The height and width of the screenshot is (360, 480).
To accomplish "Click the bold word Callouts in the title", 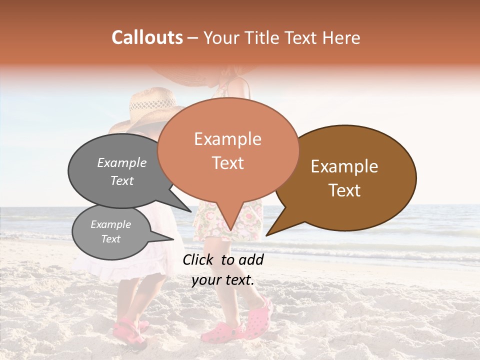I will (147, 37).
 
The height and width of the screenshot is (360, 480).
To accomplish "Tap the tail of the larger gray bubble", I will (187, 209).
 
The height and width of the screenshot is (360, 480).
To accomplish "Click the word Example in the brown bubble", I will (344, 166).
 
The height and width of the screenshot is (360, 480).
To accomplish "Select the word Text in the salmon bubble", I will (227, 163).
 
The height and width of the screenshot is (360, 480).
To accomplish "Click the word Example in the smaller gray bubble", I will (110, 224).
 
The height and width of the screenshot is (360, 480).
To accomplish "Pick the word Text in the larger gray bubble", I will (121, 180).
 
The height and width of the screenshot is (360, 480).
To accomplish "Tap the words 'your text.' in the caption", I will (222, 280).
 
